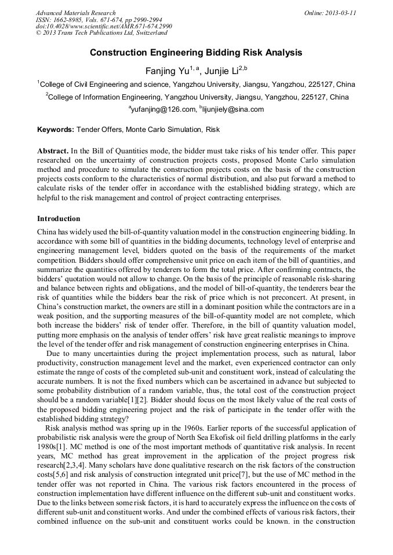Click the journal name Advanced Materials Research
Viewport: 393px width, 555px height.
click(75, 13)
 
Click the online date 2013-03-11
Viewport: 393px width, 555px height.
click(330, 13)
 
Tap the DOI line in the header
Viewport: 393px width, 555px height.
click(104, 27)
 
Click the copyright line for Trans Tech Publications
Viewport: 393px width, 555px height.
click(101, 33)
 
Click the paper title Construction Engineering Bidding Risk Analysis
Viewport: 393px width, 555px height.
click(196, 53)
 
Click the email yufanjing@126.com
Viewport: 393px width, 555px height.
click(162, 109)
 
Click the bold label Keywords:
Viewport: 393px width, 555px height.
click(56, 130)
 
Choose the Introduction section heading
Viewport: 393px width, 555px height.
click(59, 219)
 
